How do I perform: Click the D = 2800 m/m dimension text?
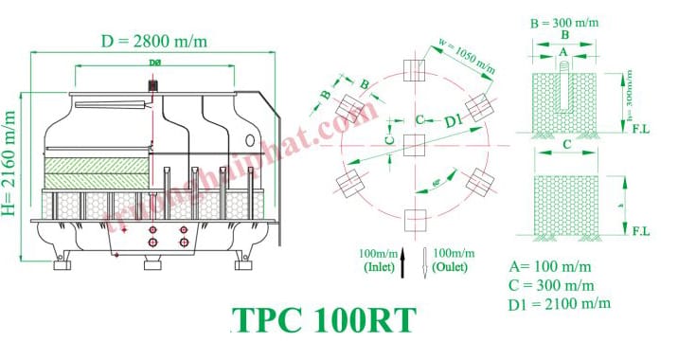(x=154, y=42)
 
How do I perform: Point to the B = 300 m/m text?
(x=565, y=21)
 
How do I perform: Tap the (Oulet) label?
(x=450, y=268)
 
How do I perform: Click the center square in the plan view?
(x=413, y=145)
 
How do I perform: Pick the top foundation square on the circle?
(x=413, y=70)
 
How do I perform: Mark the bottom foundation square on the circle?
(x=413, y=220)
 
